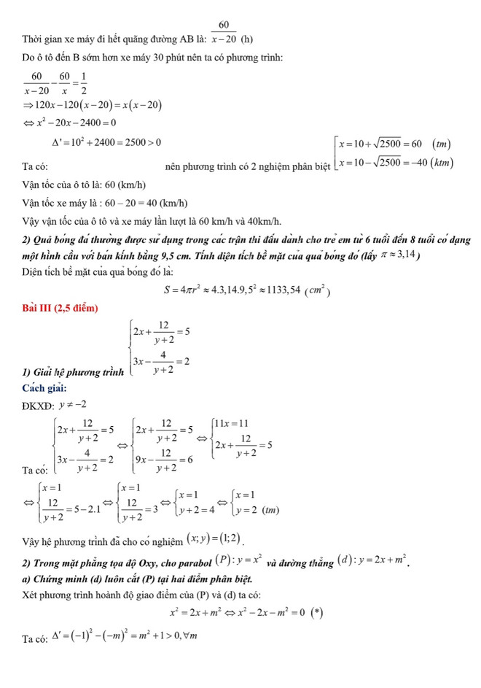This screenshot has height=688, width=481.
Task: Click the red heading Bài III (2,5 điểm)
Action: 60,309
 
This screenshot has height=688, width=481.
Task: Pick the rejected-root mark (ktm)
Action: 442,162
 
